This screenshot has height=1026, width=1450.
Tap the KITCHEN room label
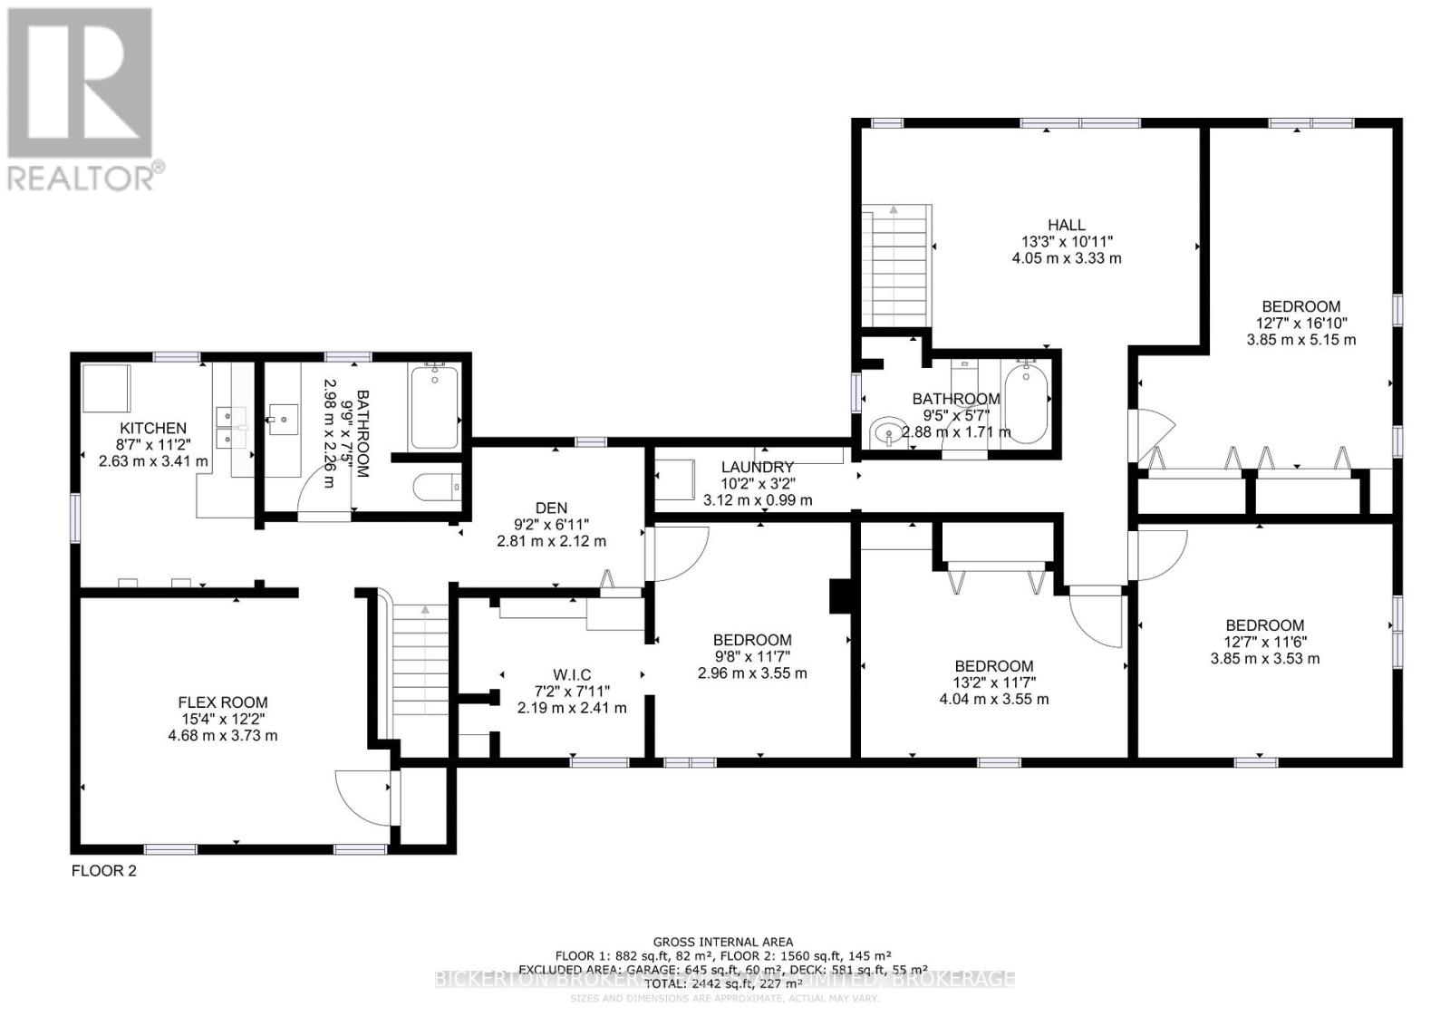pyautogui.click(x=153, y=428)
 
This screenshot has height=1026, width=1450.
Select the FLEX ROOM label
pyautogui.click(x=223, y=702)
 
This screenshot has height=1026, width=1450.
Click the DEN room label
pyautogui.click(x=551, y=508)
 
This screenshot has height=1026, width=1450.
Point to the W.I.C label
pyautogui.click(x=572, y=674)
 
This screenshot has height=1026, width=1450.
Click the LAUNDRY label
pyautogui.click(x=758, y=468)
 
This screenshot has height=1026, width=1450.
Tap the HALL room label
pyautogui.click(x=1067, y=225)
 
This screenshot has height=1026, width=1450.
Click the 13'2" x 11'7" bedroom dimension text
pyautogui.click(x=994, y=682)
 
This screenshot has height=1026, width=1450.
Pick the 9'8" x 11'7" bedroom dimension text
pyautogui.click(x=752, y=656)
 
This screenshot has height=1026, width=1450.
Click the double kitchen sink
pyautogui.click(x=232, y=427)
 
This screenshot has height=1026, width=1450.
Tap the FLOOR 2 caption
pyautogui.click(x=103, y=871)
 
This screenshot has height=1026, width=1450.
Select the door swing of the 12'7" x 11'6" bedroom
pyautogui.click(x=1157, y=555)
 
